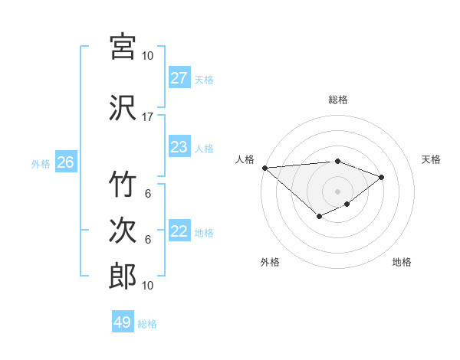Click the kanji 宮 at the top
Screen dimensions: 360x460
[123, 46]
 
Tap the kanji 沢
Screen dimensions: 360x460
[123, 107]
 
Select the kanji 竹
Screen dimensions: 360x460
[123, 185]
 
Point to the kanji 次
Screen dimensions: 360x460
[123, 231]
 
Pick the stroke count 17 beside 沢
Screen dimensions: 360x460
[148, 117]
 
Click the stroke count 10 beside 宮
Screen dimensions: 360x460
[148, 56]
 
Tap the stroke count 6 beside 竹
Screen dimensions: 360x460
[148, 194]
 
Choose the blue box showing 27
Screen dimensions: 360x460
[179, 78]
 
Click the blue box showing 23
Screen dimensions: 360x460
[179, 147]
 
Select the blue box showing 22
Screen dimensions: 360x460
[179, 231]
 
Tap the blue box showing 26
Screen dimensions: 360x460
[66, 162]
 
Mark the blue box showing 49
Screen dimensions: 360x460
[123, 322]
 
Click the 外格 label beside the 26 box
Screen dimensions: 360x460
[41, 163]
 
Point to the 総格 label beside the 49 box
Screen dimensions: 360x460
[147, 324]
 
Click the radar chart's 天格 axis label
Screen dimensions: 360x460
[432, 159]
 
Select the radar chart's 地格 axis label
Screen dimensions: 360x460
[402, 262]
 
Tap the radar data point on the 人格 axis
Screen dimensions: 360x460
[264, 168]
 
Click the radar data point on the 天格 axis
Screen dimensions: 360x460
[382, 177]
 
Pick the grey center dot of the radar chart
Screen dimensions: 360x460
[337, 191]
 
